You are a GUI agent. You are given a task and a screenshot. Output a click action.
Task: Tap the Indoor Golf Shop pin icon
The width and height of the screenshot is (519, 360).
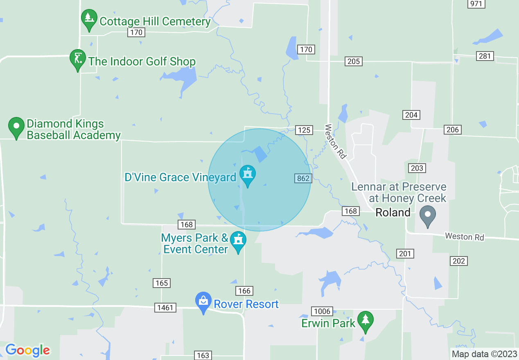(x=77, y=60)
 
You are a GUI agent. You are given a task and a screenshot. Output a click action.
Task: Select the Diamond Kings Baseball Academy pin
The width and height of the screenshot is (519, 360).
(x=16, y=127)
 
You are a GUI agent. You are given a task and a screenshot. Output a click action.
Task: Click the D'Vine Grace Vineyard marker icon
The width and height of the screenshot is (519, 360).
(x=247, y=175)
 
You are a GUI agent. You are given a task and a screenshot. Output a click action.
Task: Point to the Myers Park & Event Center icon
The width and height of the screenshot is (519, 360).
(x=238, y=241)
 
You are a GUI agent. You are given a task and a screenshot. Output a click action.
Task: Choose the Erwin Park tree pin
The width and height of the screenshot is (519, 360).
(x=365, y=321)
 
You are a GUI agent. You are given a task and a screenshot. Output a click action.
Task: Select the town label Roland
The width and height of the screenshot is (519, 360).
(x=393, y=212)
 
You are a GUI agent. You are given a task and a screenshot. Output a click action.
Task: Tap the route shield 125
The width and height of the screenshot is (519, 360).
(x=304, y=130)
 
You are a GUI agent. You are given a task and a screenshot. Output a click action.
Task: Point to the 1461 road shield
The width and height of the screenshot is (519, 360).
(x=165, y=307)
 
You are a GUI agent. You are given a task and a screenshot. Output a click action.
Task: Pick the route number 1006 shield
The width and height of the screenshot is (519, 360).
(x=321, y=311)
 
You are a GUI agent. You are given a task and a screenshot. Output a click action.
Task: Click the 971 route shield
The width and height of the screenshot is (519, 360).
(x=476, y=4)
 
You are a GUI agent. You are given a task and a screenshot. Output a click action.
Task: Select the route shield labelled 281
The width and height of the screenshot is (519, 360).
(x=485, y=56)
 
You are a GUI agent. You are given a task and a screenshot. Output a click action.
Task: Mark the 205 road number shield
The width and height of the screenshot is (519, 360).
(x=353, y=61)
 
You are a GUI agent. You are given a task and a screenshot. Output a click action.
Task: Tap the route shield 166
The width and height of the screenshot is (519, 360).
(x=244, y=291)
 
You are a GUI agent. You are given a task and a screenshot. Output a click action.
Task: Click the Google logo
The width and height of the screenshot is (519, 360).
(x=27, y=350)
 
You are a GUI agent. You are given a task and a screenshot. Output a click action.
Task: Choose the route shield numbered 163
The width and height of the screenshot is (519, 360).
(x=203, y=355)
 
